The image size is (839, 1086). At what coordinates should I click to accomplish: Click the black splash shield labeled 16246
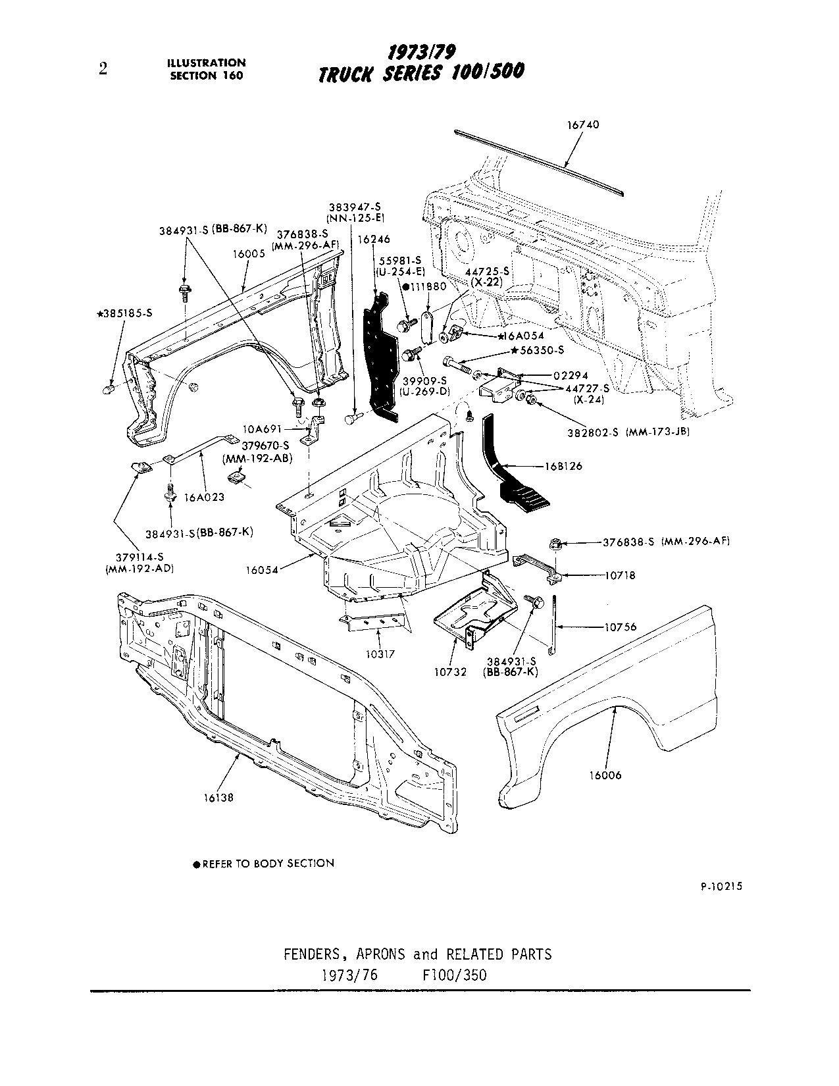pos(380,355)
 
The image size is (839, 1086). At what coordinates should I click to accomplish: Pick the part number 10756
pos(621,627)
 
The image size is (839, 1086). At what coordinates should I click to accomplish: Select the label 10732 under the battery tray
pos(450,672)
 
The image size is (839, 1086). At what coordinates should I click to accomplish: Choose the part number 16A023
pos(204,498)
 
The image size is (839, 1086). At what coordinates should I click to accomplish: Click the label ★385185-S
pos(125,313)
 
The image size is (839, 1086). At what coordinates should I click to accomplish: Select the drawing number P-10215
pos(721,887)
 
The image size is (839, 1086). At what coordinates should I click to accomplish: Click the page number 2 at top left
pos(103,69)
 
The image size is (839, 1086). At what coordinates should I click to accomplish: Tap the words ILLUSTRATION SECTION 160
pos(206,68)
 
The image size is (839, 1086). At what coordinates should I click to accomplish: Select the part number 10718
pos(621,575)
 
